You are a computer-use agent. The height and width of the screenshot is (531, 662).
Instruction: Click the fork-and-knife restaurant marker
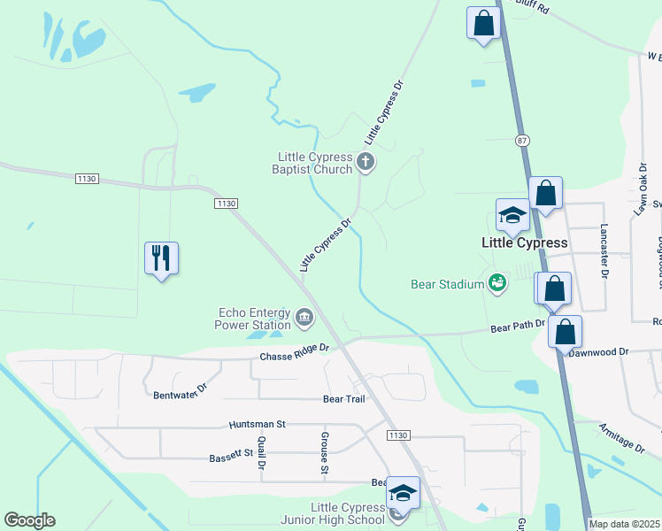tap(161, 258)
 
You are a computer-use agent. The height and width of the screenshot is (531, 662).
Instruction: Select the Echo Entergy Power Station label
tap(252, 319)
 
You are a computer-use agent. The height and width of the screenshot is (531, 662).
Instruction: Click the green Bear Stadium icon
tap(497, 283)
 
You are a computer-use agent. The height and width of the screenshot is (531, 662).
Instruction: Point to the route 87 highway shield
tap(522, 140)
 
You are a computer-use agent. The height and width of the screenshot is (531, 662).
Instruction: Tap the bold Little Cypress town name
tap(523, 242)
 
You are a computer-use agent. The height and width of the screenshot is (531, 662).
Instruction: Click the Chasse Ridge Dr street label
tap(294, 352)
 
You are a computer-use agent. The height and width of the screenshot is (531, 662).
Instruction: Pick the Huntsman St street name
tap(257, 425)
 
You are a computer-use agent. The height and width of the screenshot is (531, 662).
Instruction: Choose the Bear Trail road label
tap(344, 399)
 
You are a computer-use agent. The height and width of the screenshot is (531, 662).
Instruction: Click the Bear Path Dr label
tap(518, 326)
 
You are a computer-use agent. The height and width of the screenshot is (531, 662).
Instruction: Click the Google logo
tap(29, 520)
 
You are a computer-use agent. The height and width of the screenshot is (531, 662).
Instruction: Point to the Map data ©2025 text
tap(625, 524)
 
